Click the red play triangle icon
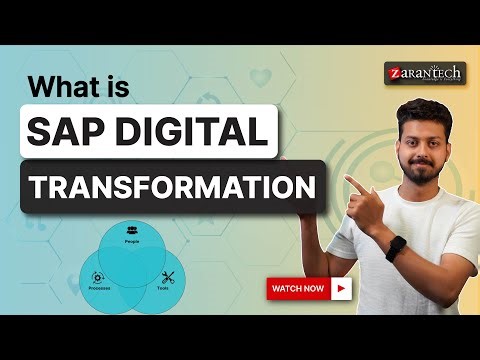(x=343, y=289)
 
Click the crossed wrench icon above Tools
(x=167, y=276)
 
